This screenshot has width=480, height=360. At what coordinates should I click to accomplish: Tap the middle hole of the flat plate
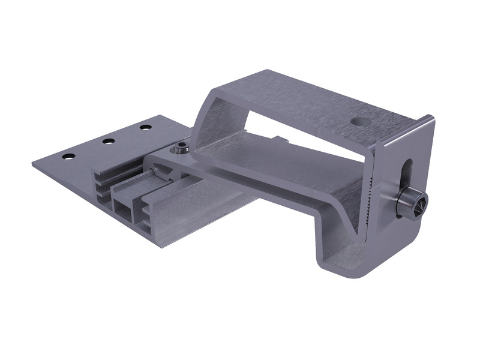[x=108, y=142]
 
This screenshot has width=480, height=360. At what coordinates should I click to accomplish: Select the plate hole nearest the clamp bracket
[x=145, y=127]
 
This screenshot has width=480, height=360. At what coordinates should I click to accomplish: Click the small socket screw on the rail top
[x=181, y=147]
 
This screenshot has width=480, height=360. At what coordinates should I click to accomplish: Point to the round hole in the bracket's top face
[x=361, y=121]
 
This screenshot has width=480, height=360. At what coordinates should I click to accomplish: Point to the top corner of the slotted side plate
[x=431, y=117]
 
